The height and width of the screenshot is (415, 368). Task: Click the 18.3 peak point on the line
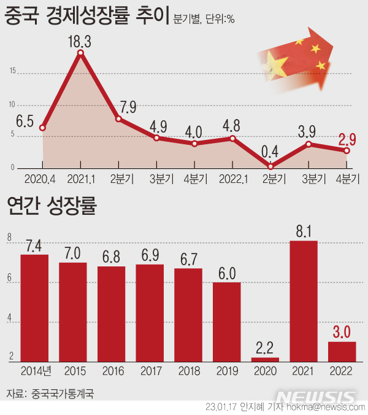pyautogui.click(x=80, y=53)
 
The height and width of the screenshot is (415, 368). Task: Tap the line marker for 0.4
pyautogui.click(x=270, y=166)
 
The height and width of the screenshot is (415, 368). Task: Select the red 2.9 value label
pyautogui.click(x=345, y=133)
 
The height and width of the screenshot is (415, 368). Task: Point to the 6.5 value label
pyautogui.click(x=25, y=120)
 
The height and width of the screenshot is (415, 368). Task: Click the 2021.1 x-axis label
pyautogui.click(x=80, y=179)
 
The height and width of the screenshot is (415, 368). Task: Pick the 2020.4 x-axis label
pyautogui.click(x=42, y=179)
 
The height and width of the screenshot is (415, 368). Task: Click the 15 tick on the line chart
pyautogui.click(x=13, y=71)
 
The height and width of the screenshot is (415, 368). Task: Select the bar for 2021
pyautogui.click(x=304, y=301)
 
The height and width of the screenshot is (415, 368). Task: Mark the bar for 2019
pyautogui.click(x=226, y=322)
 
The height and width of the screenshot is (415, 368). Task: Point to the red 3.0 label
pyautogui.click(x=342, y=332)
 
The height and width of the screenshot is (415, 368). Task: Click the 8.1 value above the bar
pyautogui.click(x=303, y=231)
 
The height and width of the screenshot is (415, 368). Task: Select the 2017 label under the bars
pyautogui.click(x=150, y=371)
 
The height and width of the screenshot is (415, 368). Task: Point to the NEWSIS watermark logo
pyautogui.click(x=316, y=396)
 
